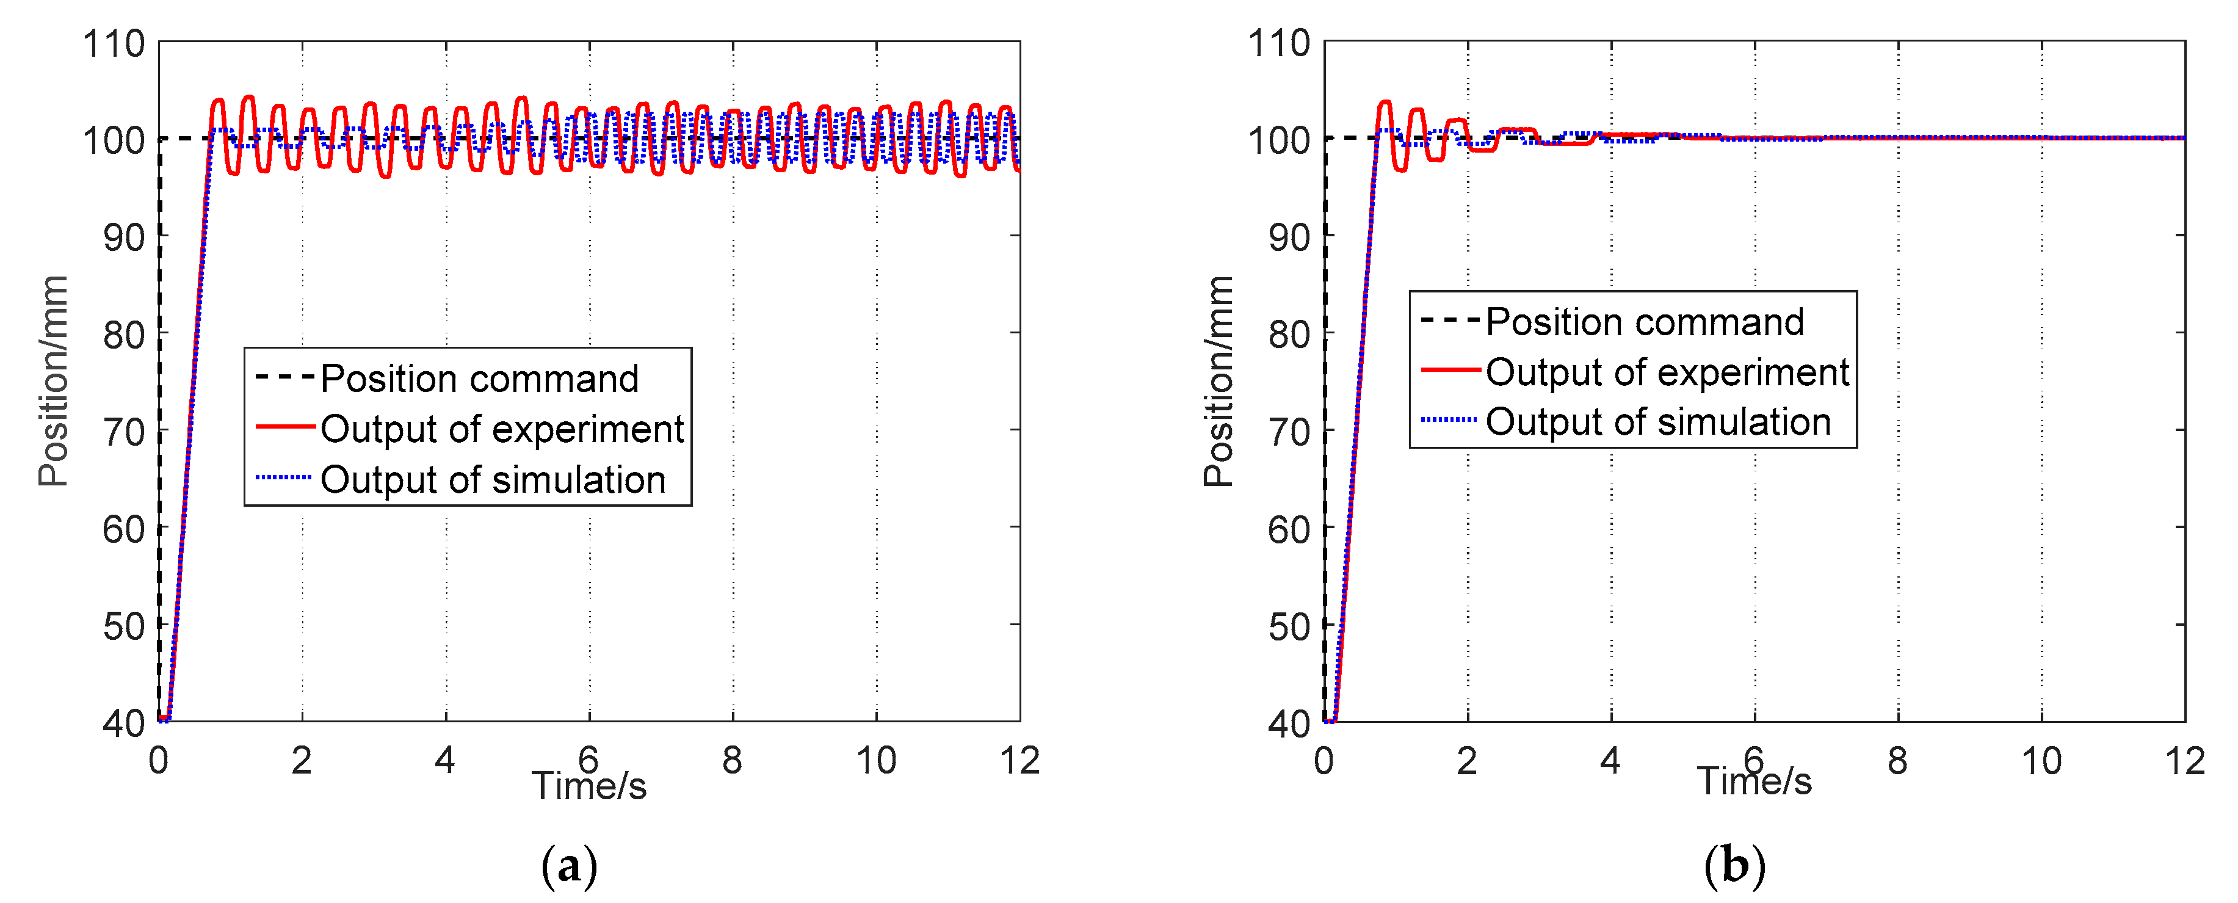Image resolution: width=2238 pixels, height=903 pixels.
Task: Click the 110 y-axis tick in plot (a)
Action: click(x=113, y=43)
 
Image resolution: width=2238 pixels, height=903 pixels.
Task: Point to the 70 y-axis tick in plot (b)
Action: click(x=1289, y=432)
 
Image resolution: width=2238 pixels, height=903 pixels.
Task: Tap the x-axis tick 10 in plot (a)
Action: click(x=876, y=761)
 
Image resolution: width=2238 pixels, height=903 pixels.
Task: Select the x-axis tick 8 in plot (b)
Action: click(x=1897, y=761)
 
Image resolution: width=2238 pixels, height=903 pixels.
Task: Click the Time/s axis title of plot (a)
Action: click(x=589, y=786)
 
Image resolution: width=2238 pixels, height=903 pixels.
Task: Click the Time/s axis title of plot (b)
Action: click(x=1754, y=782)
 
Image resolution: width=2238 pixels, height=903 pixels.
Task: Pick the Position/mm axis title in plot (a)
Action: click(x=53, y=380)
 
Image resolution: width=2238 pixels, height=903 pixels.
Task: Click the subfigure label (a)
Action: click(x=569, y=866)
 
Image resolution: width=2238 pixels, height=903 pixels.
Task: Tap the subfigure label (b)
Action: click(x=1734, y=866)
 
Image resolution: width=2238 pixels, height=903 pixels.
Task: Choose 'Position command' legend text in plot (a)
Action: click(x=480, y=379)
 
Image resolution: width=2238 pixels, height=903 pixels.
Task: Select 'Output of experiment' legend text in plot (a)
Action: click(x=502, y=429)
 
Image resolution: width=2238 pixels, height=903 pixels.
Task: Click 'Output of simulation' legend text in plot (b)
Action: click(x=1657, y=422)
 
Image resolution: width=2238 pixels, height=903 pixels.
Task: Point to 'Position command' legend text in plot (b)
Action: click(x=1645, y=322)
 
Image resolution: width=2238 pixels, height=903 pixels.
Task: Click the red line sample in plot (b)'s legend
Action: click(x=1450, y=370)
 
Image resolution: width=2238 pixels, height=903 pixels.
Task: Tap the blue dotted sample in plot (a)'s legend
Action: click(x=283, y=477)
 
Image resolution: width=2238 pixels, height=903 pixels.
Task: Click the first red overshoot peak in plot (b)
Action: click(x=1385, y=103)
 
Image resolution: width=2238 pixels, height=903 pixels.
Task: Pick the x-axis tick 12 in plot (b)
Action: click(x=2184, y=761)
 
